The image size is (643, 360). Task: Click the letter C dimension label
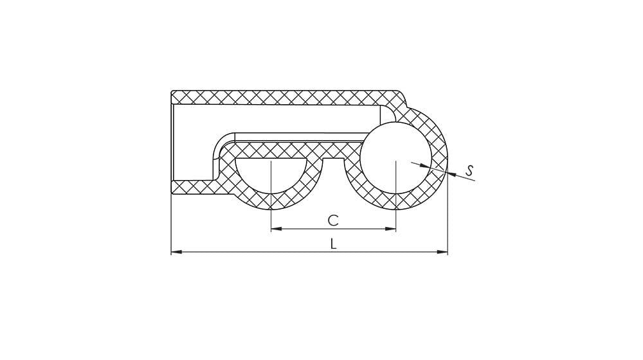[x=333, y=221]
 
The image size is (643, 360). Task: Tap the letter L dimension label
[x=333, y=244]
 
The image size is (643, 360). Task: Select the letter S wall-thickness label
[x=470, y=170]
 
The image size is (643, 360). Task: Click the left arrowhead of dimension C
[x=276, y=229]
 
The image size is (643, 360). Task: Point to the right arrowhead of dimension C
[x=390, y=229]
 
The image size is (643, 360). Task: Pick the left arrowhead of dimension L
[x=176, y=252]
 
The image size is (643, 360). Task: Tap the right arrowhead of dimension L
[x=442, y=252]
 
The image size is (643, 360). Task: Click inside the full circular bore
[x=396, y=157]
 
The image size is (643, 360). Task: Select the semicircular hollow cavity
[x=271, y=172]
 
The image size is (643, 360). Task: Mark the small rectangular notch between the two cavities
[x=333, y=159]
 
